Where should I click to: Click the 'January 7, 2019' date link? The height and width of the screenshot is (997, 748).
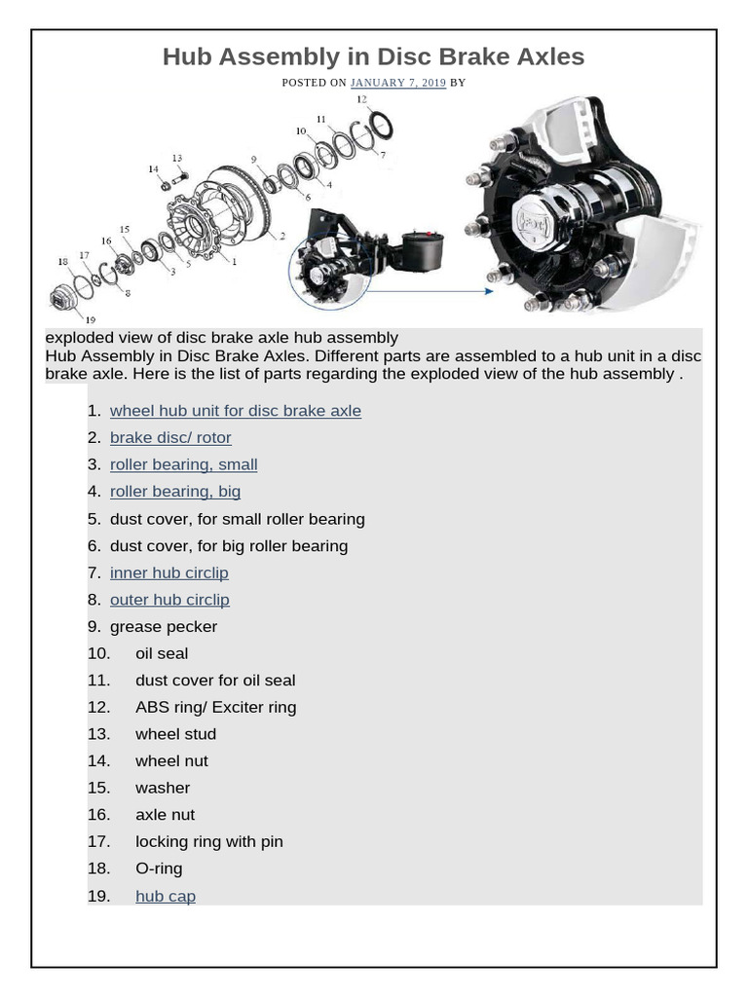(397, 83)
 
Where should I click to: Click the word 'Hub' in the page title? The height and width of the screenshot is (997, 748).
(186, 57)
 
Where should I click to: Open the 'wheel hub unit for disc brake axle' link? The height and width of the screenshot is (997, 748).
(235, 411)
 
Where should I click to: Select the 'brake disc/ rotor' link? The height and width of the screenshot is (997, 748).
(170, 438)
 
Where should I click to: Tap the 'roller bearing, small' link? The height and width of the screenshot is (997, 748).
(183, 464)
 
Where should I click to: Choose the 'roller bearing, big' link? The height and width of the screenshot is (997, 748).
(175, 492)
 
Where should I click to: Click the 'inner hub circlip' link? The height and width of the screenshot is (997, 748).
(168, 572)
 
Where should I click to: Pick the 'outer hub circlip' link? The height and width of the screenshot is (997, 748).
(169, 600)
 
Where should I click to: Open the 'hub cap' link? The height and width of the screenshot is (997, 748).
(165, 896)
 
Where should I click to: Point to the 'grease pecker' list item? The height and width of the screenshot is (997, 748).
(163, 627)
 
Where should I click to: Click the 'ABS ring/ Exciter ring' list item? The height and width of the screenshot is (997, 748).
(215, 707)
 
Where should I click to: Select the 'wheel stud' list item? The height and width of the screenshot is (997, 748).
(175, 734)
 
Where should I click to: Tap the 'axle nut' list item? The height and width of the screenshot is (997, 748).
(165, 815)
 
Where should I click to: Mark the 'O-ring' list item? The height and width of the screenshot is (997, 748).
(159, 868)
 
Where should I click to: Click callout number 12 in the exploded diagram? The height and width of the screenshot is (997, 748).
(361, 99)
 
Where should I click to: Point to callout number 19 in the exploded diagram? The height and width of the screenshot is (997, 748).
(90, 319)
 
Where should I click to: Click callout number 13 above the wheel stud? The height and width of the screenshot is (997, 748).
(176, 158)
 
